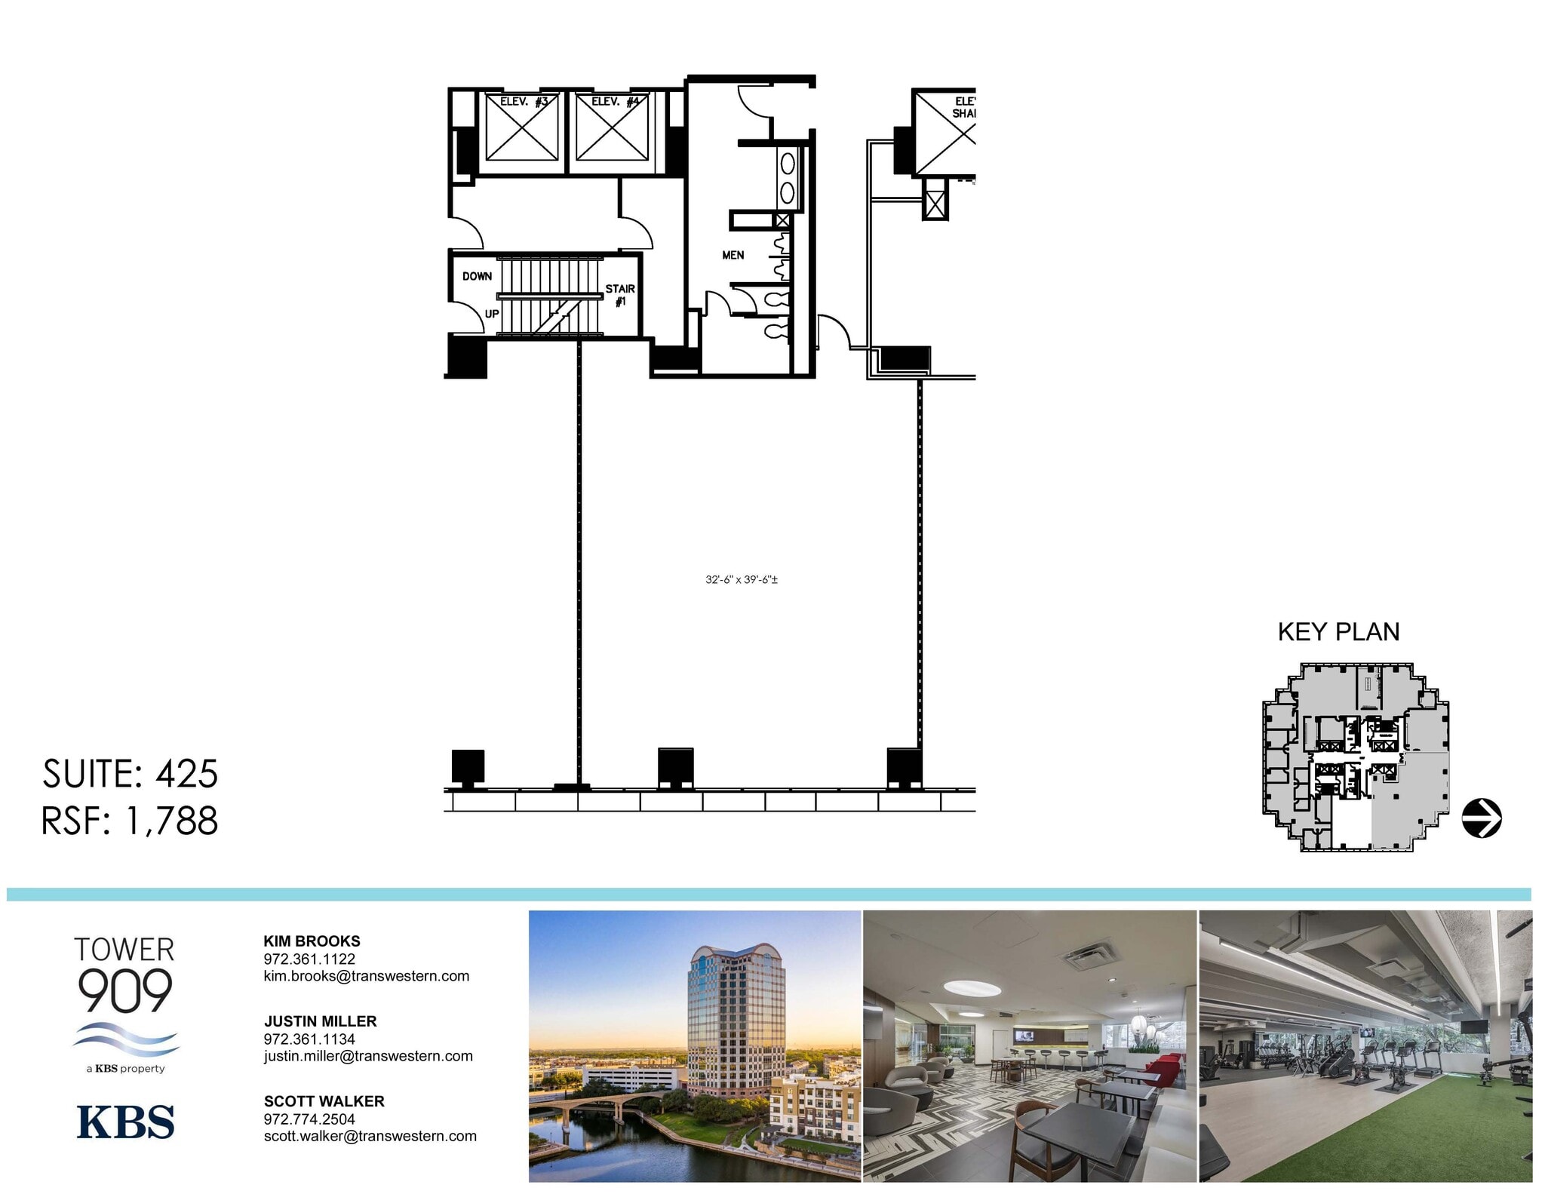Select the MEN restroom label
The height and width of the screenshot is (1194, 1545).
pyautogui.click(x=733, y=256)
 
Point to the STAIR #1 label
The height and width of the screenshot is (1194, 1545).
pyautogui.click(x=620, y=295)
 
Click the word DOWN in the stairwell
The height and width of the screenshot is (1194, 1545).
pyautogui.click(x=477, y=277)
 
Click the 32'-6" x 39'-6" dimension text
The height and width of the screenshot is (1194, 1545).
pyautogui.click(x=742, y=580)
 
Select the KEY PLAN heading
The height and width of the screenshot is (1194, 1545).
pyautogui.click(x=1338, y=632)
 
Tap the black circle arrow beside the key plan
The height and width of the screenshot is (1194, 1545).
pyautogui.click(x=1482, y=818)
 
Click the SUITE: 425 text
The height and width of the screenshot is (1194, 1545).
pyautogui.click(x=130, y=775)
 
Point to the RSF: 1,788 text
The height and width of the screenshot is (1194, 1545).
pyautogui.click(x=130, y=821)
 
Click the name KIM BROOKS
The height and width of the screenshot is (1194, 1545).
pyautogui.click(x=312, y=941)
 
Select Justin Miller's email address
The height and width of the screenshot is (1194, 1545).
pyautogui.click(x=368, y=1057)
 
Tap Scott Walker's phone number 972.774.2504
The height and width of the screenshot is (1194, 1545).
pyautogui.click(x=309, y=1119)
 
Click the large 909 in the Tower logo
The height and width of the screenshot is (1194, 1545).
pyautogui.click(x=125, y=992)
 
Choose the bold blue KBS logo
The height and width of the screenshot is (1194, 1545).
pyautogui.click(x=125, y=1123)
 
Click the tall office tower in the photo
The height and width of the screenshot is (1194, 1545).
pyautogui.click(x=736, y=1018)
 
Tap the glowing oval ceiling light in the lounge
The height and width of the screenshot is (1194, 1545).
pyautogui.click(x=972, y=988)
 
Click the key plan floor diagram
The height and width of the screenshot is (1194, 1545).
pyautogui.click(x=1356, y=757)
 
